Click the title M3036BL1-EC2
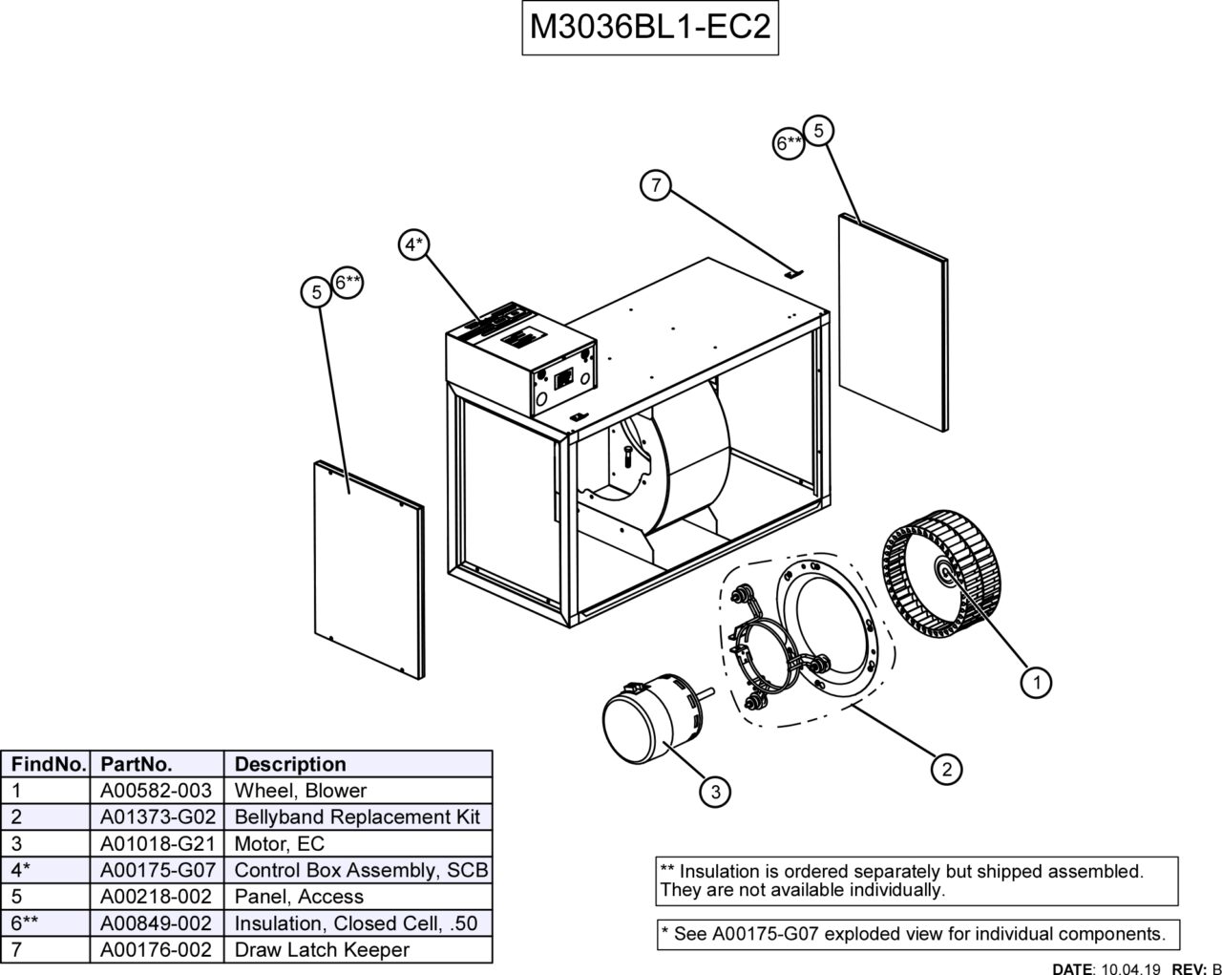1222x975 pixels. (x=649, y=27)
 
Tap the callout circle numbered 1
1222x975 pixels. (x=1036, y=682)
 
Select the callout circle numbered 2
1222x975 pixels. (x=946, y=770)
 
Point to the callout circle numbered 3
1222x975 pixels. (x=715, y=791)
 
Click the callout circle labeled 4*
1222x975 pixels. (x=413, y=245)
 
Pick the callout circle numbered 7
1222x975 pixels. (x=656, y=185)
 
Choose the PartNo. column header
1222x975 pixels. (x=137, y=764)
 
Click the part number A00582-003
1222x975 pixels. (x=157, y=791)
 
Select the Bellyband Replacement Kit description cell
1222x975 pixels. (x=357, y=817)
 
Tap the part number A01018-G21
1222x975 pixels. (x=157, y=844)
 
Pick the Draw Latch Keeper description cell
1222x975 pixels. (x=322, y=950)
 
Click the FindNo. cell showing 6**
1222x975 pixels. (x=26, y=923)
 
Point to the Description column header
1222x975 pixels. (x=290, y=764)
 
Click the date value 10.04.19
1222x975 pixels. (x=1131, y=967)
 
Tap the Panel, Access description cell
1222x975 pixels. (x=299, y=897)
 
